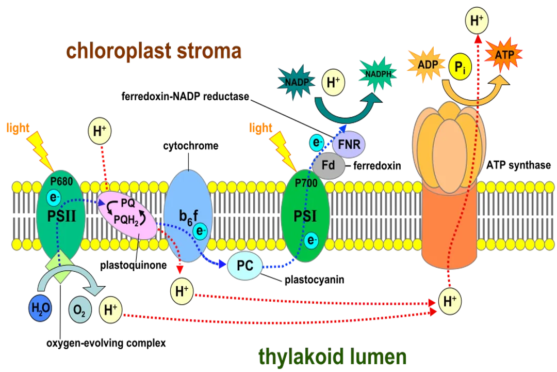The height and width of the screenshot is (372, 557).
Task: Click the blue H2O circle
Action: [40, 308]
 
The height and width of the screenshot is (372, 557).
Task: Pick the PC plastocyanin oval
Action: [245, 266]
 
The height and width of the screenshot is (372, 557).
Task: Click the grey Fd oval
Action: [329, 166]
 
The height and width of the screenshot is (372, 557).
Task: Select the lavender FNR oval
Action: [349, 145]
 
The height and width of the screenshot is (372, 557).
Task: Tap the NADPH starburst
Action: [378, 73]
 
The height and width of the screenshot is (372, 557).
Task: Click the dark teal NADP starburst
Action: [296, 82]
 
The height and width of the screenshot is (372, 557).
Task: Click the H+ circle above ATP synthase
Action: [477, 21]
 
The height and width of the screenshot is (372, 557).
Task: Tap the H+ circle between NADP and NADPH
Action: [334, 82]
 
